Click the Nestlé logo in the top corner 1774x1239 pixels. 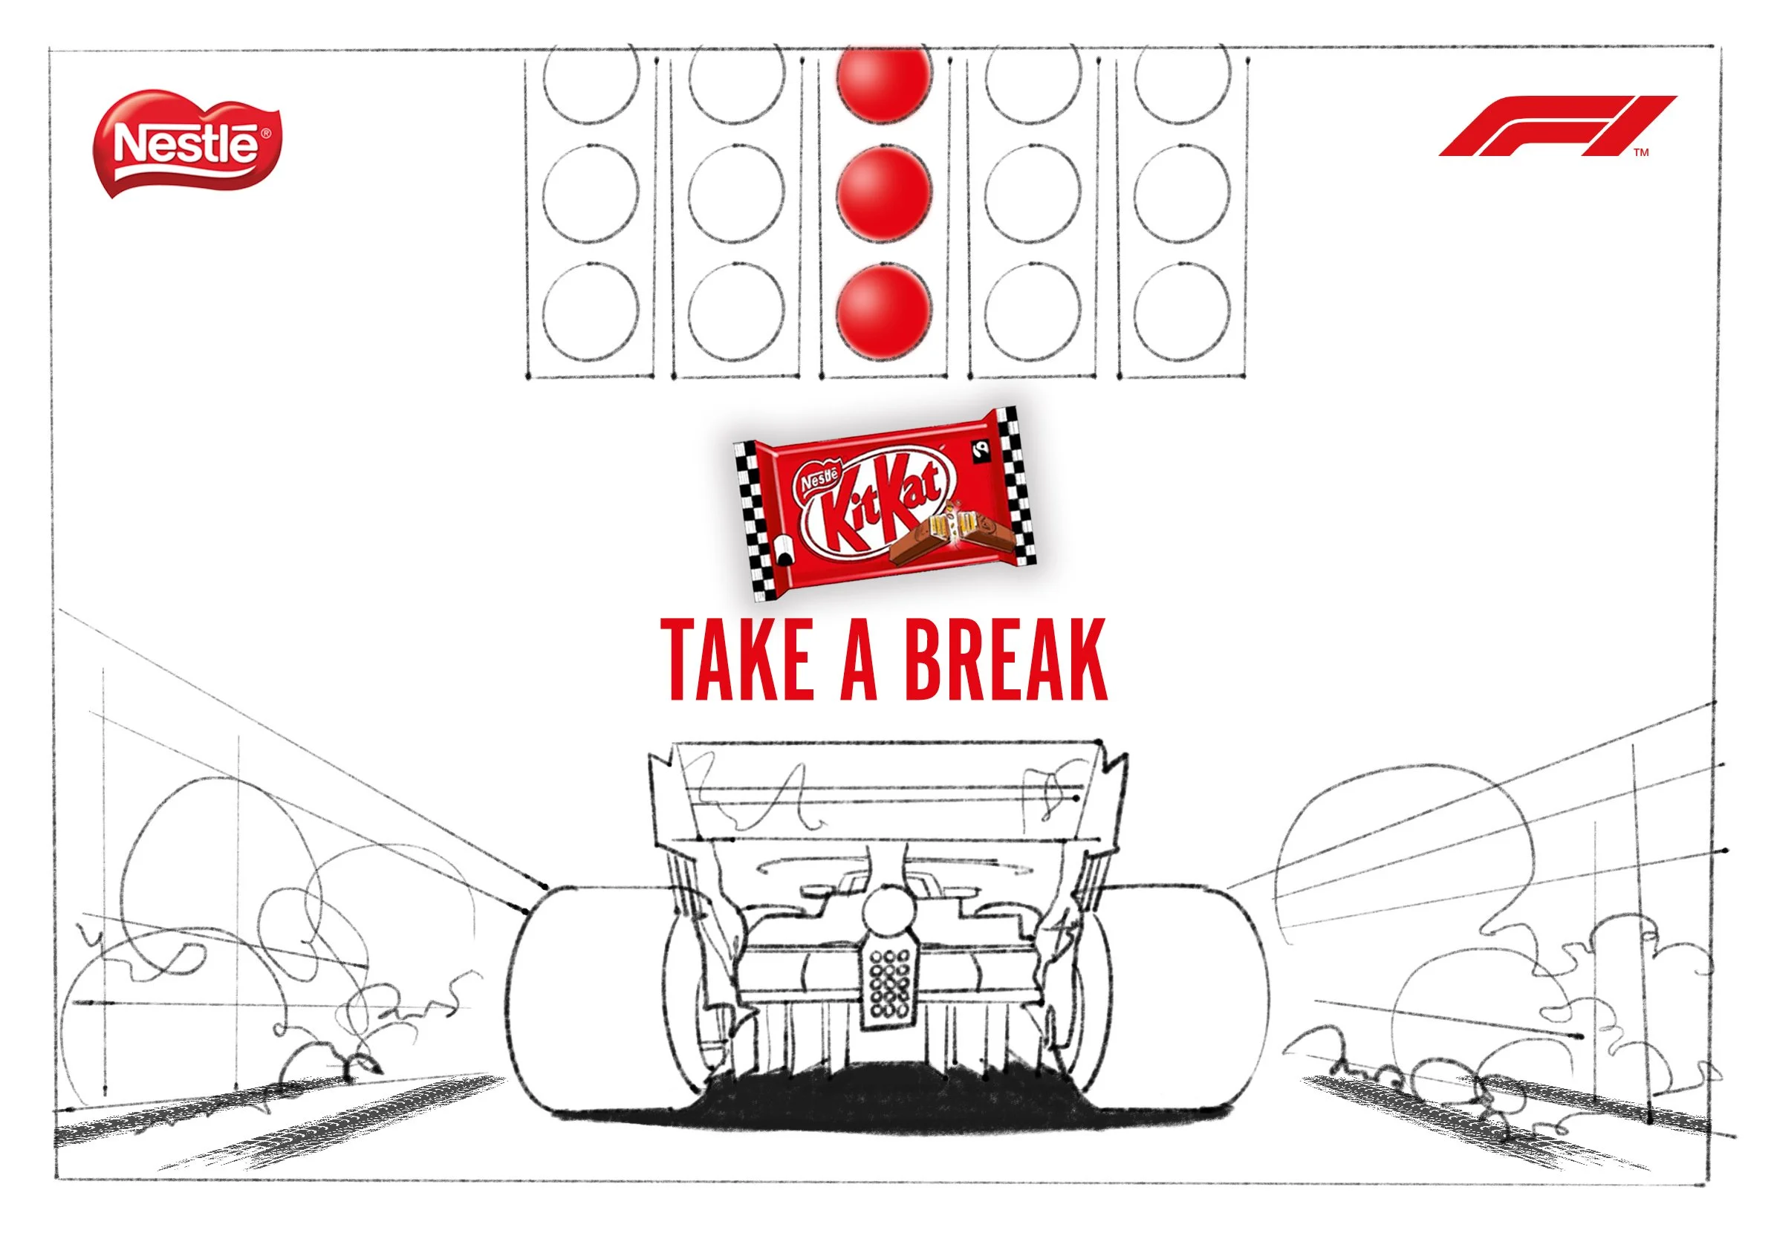click(187, 144)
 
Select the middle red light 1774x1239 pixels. click(883, 192)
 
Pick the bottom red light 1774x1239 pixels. click(883, 311)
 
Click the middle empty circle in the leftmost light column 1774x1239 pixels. click(591, 192)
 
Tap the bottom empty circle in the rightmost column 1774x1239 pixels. click(1182, 311)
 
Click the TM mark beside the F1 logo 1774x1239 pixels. click(1641, 152)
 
